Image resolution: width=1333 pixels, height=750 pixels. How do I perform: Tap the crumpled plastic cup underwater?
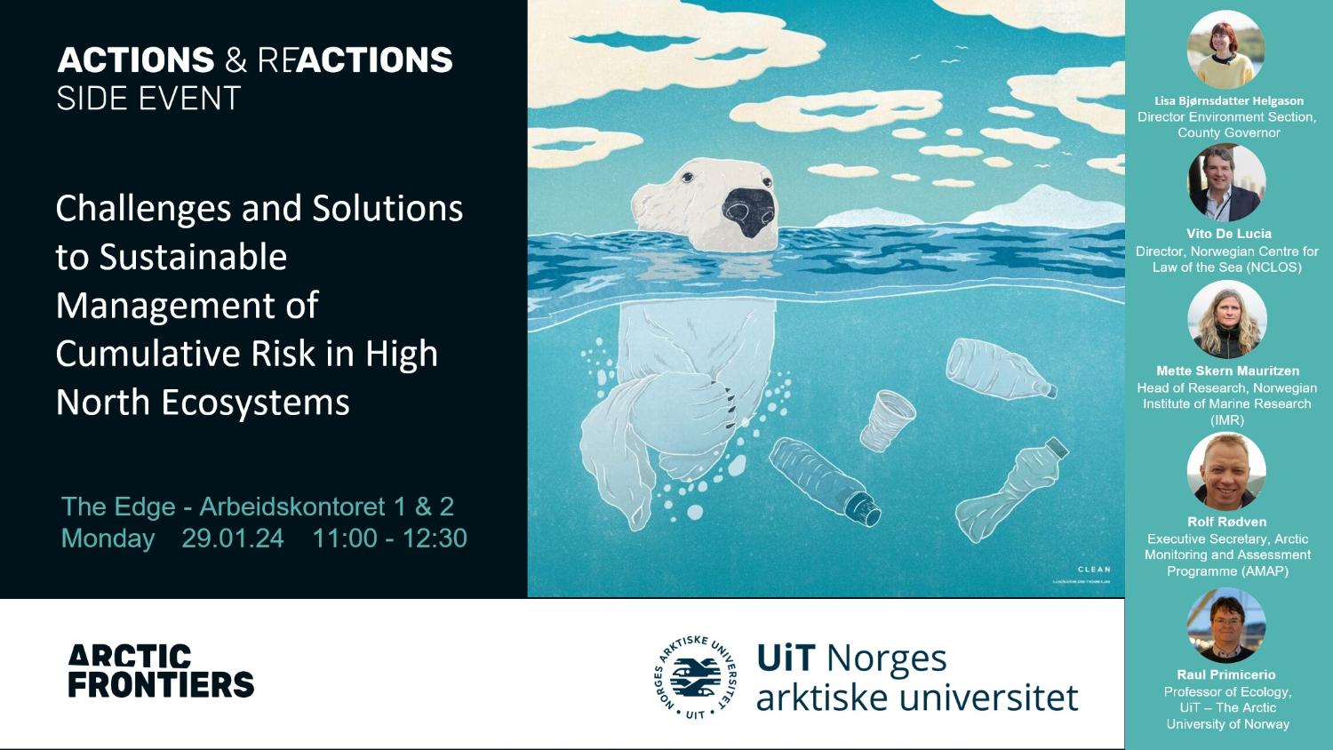887,419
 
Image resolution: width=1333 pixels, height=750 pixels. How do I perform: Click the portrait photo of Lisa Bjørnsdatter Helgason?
1226,50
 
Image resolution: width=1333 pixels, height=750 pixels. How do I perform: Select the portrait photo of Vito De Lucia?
1226,183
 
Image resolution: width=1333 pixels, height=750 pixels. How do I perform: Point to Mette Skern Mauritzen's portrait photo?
1226,320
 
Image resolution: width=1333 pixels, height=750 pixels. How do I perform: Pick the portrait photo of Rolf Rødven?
1226,472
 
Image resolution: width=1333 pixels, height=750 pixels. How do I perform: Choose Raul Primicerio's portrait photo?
1226,625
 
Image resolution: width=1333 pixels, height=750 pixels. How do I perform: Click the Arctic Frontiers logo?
161,671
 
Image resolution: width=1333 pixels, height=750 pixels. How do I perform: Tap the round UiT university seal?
695,677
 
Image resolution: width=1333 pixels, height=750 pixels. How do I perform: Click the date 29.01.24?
233,539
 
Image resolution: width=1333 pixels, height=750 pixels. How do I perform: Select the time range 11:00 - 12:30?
389,539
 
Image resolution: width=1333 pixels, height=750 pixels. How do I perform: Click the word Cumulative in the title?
148,354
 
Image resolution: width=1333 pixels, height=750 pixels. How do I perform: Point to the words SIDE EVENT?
148,99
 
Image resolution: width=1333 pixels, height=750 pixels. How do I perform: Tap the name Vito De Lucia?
1228,234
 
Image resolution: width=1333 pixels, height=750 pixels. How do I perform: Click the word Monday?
108,539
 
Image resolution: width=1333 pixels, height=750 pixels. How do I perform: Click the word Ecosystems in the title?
255,403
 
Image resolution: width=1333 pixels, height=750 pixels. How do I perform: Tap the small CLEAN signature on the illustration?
1093,570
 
